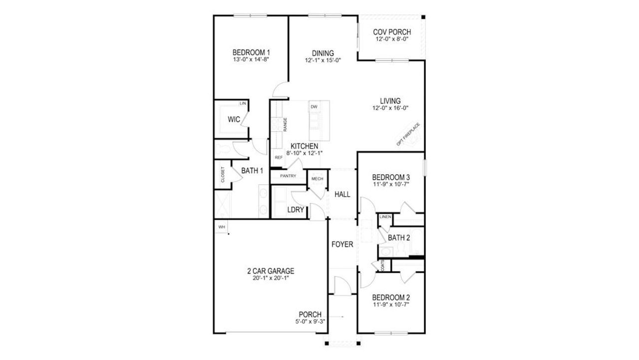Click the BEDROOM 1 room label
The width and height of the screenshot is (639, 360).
coord(251,52)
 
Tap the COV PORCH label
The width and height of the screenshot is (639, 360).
coord(392,32)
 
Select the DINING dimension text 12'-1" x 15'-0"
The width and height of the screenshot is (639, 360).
coord(322,60)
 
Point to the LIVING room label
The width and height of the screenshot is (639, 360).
coord(390,101)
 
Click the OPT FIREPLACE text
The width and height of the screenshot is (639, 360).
coord(408,134)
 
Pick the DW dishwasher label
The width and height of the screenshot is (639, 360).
coord(314,107)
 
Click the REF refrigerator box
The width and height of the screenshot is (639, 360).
coord(278,157)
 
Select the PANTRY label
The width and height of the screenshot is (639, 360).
coord(288,176)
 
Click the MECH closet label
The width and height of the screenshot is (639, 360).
coord(317,179)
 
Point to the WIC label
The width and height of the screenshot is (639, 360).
coord(234,119)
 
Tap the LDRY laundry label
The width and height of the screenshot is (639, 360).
coord(296,210)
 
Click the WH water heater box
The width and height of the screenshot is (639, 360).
coord(221,227)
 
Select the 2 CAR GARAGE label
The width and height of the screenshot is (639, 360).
coord(271,271)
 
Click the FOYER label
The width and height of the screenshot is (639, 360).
coord(342,245)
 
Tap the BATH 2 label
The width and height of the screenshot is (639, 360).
coord(399,238)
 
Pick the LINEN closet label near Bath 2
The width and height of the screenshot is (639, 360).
coord(385,217)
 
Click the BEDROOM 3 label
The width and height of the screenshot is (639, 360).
coord(391,177)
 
